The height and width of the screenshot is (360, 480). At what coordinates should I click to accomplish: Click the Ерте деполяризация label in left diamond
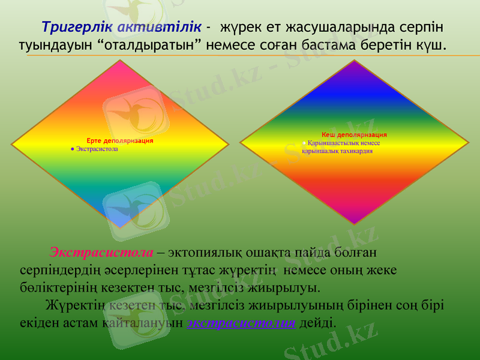point(119,140)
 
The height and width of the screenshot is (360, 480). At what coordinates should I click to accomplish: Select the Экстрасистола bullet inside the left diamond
point(94,148)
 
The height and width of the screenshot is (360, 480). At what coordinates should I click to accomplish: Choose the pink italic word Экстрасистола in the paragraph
point(101,251)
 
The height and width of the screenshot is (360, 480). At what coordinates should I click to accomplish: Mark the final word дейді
point(317,322)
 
